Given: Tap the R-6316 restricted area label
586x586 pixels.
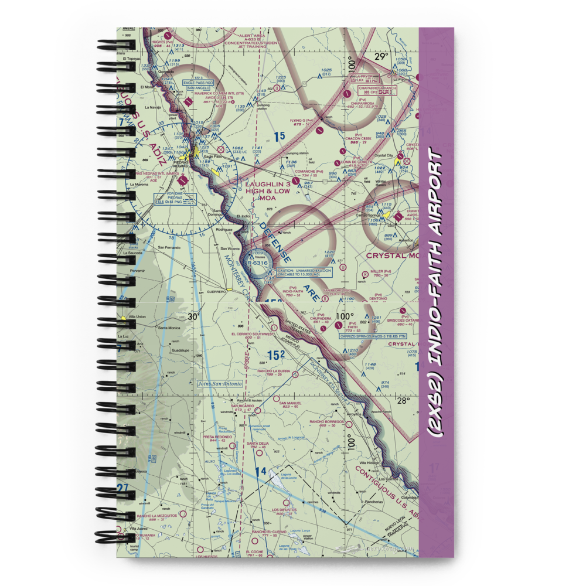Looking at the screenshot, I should click(257, 263).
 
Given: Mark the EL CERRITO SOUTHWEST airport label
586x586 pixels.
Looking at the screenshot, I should click(253, 335).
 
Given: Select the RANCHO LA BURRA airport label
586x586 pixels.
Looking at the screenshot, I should click(261, 373).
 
